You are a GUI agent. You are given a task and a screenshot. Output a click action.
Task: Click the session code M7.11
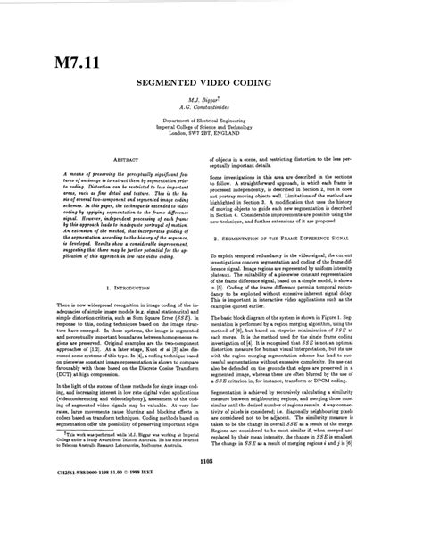(x=54, y=64)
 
